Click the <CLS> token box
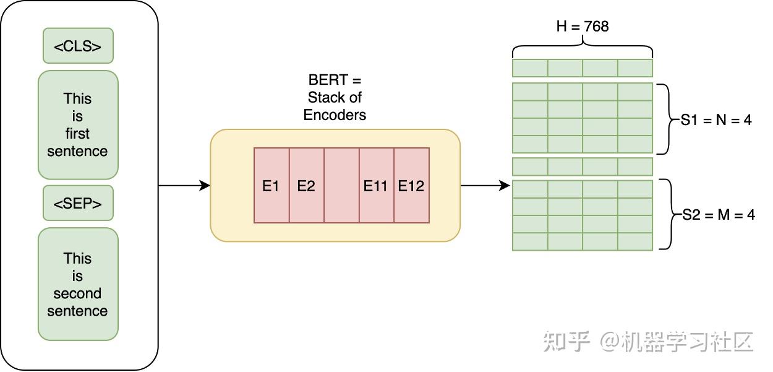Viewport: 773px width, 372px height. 78,46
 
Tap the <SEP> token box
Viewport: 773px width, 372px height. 78,203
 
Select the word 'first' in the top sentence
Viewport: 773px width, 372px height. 77,134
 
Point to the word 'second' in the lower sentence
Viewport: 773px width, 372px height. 77,293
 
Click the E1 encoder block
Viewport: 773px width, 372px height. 271,186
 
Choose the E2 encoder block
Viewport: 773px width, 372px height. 306,186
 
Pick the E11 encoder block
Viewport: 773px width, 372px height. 375,186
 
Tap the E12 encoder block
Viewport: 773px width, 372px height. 411,186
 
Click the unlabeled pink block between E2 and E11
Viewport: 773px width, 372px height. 341,186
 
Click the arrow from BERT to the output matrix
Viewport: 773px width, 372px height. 485,185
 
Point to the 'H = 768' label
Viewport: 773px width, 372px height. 582,26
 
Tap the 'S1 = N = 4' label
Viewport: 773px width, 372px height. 716,120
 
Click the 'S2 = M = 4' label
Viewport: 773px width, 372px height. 719,215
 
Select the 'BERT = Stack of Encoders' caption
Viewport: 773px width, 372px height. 335,98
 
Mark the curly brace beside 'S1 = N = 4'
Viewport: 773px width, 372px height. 664,119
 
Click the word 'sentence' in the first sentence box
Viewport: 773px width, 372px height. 77,152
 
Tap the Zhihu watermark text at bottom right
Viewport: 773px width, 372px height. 648,342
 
